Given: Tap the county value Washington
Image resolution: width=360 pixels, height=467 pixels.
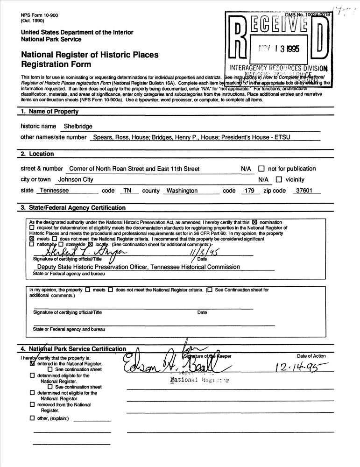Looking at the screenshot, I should [x=182, y=191].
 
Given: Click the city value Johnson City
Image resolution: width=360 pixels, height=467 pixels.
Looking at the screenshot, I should [x=76, y=179].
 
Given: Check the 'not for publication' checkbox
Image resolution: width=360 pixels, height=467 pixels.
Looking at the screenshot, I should [x=261, y=169].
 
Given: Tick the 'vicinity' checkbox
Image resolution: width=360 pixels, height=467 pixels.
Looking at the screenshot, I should [x=279, y=179].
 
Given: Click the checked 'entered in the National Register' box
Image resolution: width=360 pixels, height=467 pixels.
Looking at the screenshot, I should [x=32, y=363].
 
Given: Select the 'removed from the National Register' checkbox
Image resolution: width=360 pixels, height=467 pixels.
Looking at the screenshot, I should [x=32, y=405].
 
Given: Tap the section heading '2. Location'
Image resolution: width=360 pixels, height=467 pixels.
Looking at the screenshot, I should [x=37, y=154].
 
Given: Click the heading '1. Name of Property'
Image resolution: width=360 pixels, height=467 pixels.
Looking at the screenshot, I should [x=49, y=112].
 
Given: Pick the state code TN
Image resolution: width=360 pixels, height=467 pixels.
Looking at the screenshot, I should [x=126, y=191].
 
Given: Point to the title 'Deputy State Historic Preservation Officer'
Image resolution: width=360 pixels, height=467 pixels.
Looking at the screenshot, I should [x=138, y=267].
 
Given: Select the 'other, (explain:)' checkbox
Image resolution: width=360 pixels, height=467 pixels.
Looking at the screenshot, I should [x=32, y=418].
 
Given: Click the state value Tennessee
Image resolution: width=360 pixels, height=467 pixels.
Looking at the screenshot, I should [x=54, y=191].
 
